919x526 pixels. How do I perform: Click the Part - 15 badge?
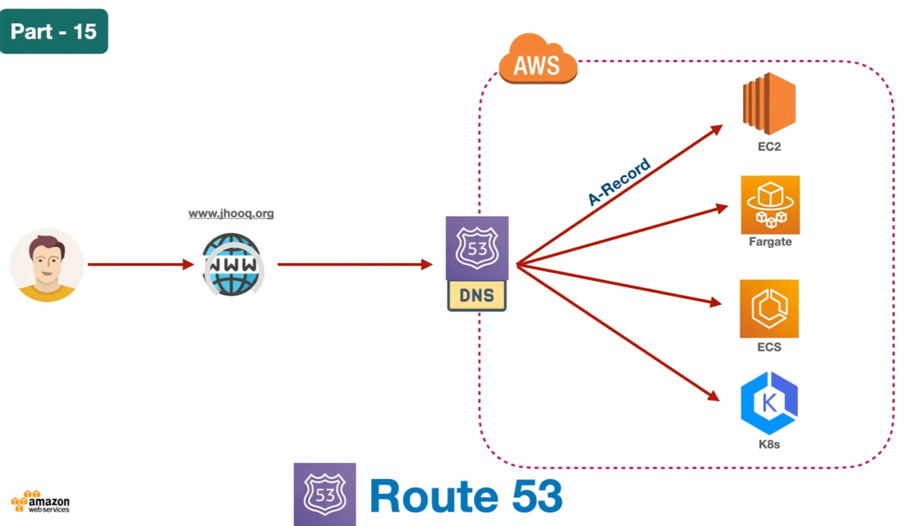(x=54, y=31)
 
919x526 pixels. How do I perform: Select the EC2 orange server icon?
(x=769, y=103)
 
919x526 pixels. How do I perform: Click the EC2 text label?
(x=769, y=147)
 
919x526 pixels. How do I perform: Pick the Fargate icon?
(x=770, y=205)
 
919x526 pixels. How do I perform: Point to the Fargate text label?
(x=770, y=242)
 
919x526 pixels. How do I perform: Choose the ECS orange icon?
(x=769, y=309)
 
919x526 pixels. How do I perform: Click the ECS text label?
(x=769, y=347)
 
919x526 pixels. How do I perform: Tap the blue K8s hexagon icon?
(x=769, y=403)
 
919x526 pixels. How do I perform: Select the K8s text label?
(x=769, y=444)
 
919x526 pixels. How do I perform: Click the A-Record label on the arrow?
(x=619, y=182)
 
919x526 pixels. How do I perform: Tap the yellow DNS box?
(x=477, y=295)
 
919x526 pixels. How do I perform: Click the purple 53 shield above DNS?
(x=477, y=248)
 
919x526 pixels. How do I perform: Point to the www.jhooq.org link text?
(x=231, y=214)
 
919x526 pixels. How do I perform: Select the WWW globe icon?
(x=232, y=265)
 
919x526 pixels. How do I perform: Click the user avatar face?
(x=47, y=264)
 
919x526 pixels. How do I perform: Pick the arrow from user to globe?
(x=140, y=264)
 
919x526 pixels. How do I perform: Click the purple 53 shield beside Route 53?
(x=325, y=494)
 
